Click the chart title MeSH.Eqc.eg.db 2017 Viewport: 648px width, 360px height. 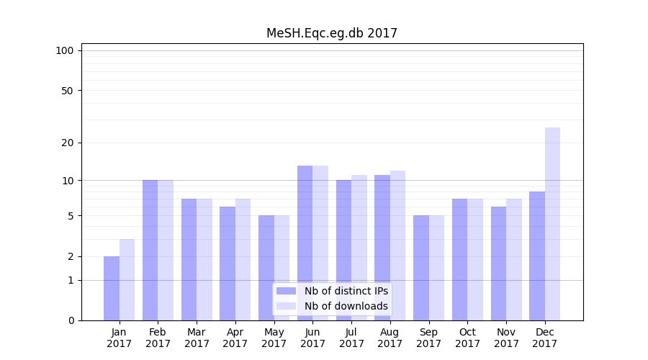331,33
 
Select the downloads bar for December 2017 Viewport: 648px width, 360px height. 552,224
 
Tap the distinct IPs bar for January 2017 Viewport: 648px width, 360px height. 112,288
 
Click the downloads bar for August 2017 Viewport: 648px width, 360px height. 397,246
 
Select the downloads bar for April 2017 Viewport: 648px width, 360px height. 243,259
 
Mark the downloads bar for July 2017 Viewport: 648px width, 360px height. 359,248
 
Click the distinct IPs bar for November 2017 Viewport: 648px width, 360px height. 498,264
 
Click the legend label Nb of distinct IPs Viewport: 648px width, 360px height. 346,291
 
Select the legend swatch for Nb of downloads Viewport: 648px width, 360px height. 286,306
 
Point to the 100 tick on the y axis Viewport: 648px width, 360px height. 65,50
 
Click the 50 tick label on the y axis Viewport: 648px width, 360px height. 67,91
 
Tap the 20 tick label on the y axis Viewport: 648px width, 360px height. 67,143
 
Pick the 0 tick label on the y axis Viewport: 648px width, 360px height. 71,320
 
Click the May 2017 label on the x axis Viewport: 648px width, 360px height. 274,338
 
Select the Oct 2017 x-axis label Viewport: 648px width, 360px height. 467,338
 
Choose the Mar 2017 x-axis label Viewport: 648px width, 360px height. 197,338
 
